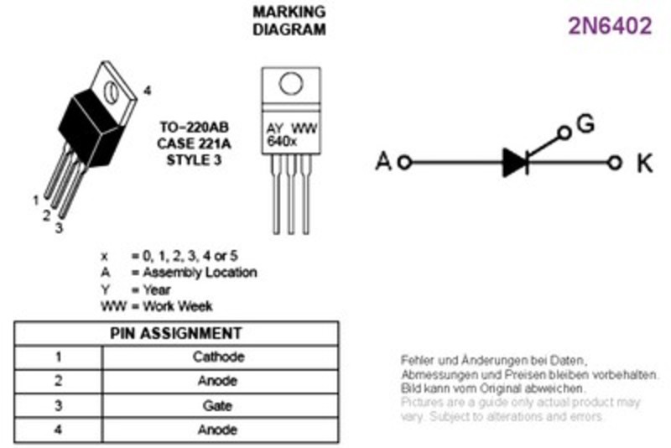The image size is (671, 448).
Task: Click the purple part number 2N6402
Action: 610,26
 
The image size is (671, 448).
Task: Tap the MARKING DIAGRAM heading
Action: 289,20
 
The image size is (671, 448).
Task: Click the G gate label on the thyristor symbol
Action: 585,123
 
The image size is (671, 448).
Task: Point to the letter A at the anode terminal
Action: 383,162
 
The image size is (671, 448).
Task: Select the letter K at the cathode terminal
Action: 645,163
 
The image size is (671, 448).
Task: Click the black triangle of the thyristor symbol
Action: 514,163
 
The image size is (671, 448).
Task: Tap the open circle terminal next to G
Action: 564,133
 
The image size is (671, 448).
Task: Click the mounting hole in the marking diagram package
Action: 291,83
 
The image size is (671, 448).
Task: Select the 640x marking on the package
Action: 281,141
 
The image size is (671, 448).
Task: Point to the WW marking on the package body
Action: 304,128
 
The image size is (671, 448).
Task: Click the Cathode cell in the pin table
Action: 219,357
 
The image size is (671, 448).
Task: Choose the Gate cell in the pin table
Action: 217,405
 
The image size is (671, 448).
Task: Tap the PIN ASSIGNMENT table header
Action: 176,333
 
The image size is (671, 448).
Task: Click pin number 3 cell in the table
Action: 59,405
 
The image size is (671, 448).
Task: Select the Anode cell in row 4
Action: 217,430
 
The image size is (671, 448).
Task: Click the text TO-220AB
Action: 195,127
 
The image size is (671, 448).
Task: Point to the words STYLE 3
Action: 194,159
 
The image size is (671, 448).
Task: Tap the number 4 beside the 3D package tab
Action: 148,91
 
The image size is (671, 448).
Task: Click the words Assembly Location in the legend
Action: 200,272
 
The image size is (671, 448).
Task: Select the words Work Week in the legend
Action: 178,306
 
